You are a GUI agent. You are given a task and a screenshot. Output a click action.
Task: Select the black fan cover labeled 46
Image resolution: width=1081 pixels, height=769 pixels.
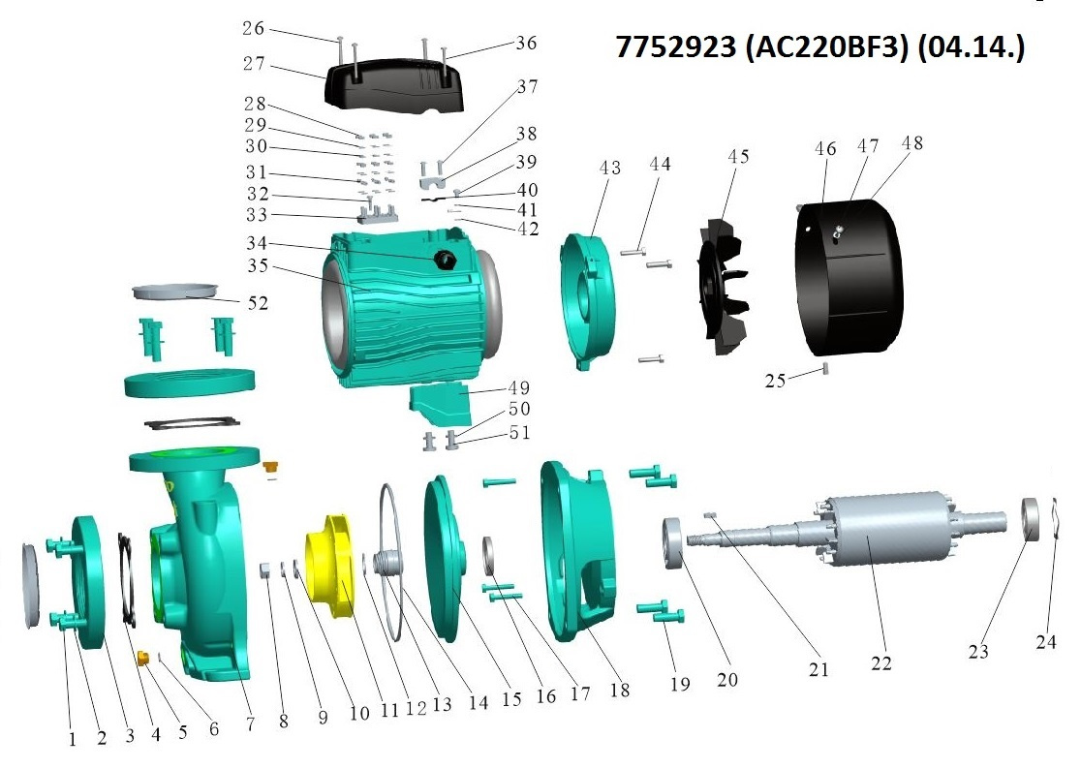point(849,276)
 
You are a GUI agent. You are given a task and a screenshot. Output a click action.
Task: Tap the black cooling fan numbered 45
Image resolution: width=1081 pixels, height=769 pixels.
point(721,287)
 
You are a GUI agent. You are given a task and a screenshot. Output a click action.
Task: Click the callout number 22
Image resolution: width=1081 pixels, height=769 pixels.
point(881,662)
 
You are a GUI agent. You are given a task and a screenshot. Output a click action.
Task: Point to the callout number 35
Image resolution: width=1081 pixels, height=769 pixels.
point(258,265)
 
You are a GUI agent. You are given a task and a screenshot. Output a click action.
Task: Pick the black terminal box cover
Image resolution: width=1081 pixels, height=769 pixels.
point(394,85)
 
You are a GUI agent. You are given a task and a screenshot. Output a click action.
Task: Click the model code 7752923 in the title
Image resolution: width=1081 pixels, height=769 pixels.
point(675,46)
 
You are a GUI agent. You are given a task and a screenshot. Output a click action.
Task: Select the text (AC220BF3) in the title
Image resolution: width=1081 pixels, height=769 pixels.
point(826,46)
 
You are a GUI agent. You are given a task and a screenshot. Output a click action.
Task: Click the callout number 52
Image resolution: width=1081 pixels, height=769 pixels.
point(258,303)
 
